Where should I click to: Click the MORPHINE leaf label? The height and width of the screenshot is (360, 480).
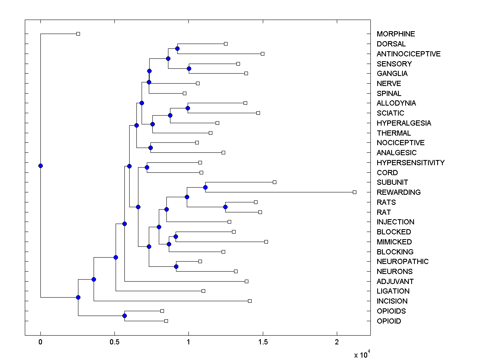tap(396, 34)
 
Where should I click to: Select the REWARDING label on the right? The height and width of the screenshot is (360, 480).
tap(398, 192)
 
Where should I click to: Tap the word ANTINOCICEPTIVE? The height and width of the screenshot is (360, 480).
tap(408, 54)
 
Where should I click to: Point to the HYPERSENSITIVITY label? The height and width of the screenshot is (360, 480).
tap(410, 163)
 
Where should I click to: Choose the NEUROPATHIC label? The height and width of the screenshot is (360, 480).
tap(402, 262)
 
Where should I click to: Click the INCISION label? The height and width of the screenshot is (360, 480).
tap(392, 301)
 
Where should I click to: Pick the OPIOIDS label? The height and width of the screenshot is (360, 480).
tap(391, 311)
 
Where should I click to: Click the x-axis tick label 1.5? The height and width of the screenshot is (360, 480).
tap(263, 342)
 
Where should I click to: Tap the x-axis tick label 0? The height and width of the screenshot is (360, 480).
tap(40, 342)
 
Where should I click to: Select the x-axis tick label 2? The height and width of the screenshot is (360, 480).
tap(337, 342)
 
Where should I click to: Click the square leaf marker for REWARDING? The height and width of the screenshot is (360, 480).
tap(354, 192)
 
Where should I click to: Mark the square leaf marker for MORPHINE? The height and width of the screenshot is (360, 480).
tap(78, 34)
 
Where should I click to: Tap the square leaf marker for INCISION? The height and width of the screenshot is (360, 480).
tap(250, 301)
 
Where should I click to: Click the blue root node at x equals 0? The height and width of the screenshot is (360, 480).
tap(40, 166)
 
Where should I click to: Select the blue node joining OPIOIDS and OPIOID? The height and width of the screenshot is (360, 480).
tap(124, 316)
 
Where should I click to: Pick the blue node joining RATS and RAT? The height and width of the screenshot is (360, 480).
tap(225, 207)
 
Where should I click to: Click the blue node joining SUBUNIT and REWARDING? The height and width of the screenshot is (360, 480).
tap(205, 187)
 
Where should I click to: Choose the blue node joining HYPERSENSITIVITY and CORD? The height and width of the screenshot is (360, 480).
tap(147, 168)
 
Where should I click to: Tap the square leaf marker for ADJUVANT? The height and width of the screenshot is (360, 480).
tap(246, 282)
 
